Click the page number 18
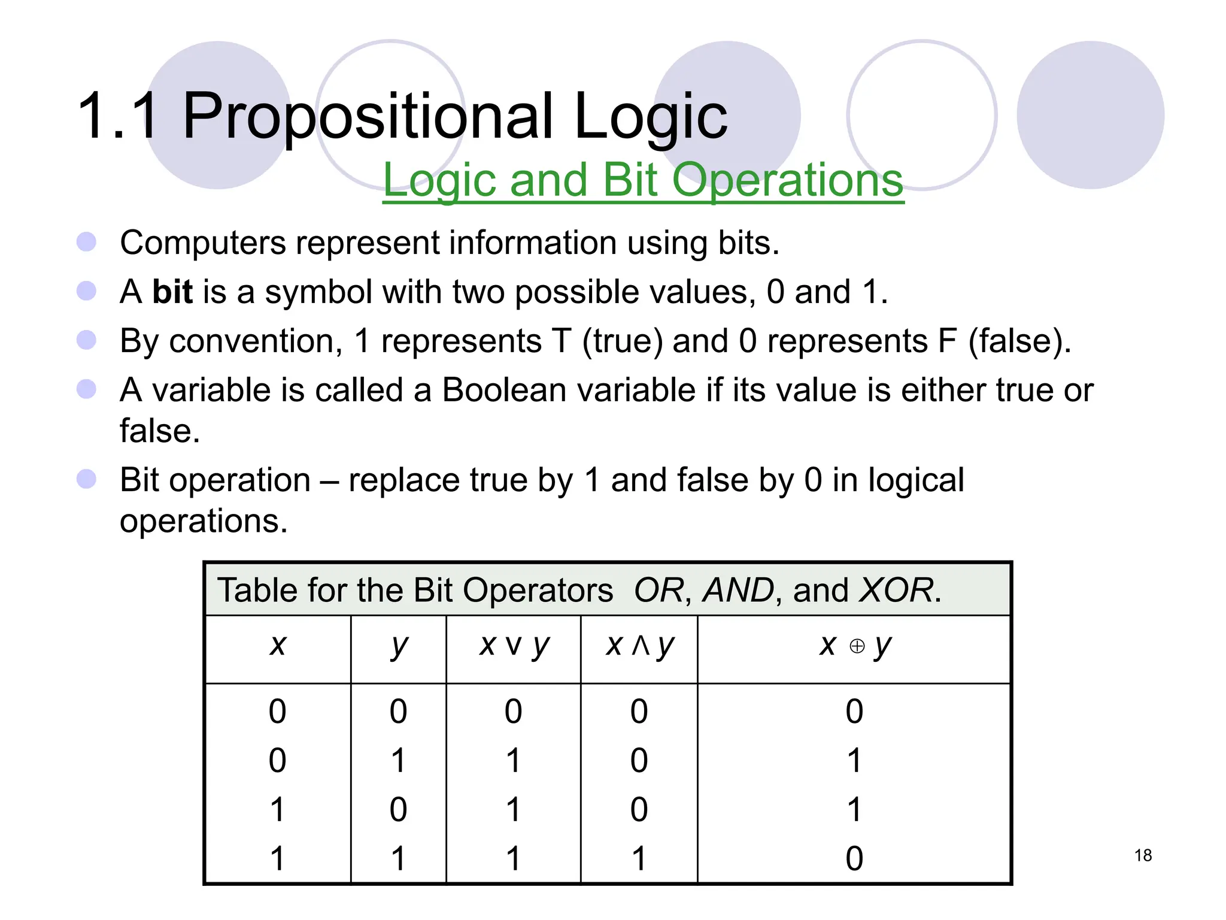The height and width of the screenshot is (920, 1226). [1142, 855]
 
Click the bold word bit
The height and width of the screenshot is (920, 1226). [172, 292]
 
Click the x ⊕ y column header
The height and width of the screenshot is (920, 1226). [855, 646]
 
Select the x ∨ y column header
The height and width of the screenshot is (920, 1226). [514, 646]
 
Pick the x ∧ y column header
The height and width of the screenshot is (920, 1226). [639, 646]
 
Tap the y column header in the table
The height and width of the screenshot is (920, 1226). [399, 646]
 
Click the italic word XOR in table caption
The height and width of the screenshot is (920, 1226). [896, 590]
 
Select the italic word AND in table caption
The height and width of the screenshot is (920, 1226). [738, 590]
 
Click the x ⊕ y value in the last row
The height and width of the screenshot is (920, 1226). [854, 858]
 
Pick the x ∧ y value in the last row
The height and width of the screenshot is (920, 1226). [639, 858]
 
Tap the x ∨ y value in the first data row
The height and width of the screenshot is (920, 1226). [513, 712]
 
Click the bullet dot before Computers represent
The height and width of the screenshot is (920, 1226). [87, 242]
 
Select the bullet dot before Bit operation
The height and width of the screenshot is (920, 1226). [87, 479]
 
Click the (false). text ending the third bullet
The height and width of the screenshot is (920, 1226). [1019, 341]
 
